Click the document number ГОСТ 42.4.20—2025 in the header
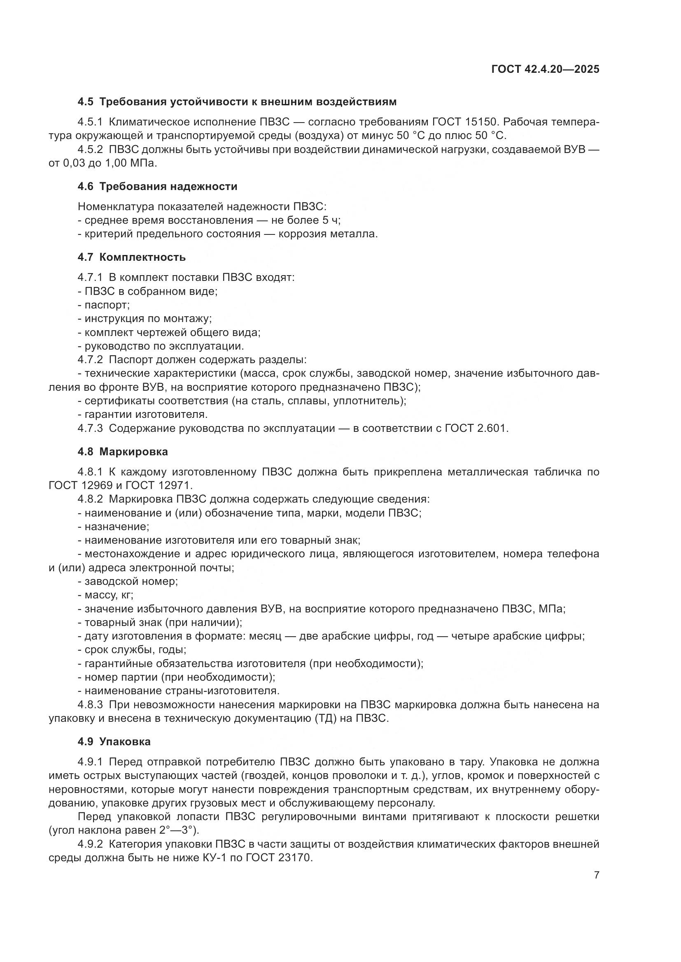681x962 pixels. pyautogui.click(x=545, y=70)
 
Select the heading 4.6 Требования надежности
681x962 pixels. pyautogui.click(x=157, y=186)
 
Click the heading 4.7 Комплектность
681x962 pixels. pyautogui.click(x=131, y=257)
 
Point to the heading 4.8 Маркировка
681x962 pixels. pyautogui.click(x=122, y=452)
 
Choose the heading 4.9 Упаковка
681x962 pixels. pyautogui.click(x=114, y=742)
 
